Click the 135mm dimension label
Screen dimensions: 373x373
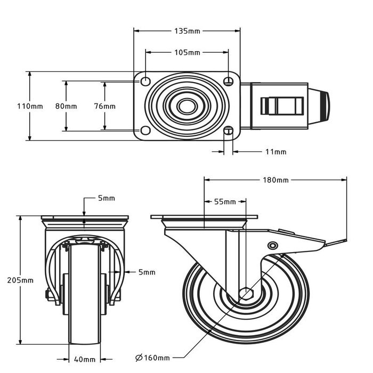187,31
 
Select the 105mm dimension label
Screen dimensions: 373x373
187,52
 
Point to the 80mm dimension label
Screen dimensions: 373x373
66,106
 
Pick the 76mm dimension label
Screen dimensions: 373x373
104,106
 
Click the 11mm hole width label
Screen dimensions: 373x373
275,152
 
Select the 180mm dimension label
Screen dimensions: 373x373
275,180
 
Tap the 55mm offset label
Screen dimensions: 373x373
225,202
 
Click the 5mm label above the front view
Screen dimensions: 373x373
106,199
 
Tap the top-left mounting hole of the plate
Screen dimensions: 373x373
145,81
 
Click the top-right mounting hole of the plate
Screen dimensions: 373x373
229,81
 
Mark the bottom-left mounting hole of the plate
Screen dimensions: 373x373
145,131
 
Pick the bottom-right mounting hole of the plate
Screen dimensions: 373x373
229,131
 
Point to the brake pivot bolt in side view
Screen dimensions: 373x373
273,246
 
